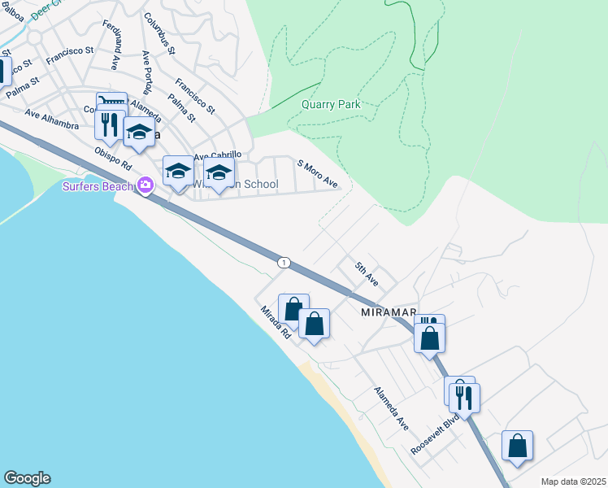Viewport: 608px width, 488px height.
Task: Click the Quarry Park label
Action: click(330, 104)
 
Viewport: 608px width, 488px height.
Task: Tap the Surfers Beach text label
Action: click(98, 185)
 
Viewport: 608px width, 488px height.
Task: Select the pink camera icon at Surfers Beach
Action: click(145, 185)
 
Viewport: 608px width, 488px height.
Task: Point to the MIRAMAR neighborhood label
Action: click(389, 312)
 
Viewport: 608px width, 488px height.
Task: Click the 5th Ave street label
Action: click(366, 274)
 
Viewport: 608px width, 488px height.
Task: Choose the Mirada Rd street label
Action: click(276, 322)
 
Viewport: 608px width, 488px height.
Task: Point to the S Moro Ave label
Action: click(317, 173)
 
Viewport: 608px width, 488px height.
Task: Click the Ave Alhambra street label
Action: click(51, 120)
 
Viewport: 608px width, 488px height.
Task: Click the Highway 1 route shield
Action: click(283, 262)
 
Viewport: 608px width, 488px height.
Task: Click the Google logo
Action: click(27, 478)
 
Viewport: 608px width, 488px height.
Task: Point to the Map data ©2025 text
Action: click(573, 481)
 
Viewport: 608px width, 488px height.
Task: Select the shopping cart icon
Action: click(111, 101)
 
